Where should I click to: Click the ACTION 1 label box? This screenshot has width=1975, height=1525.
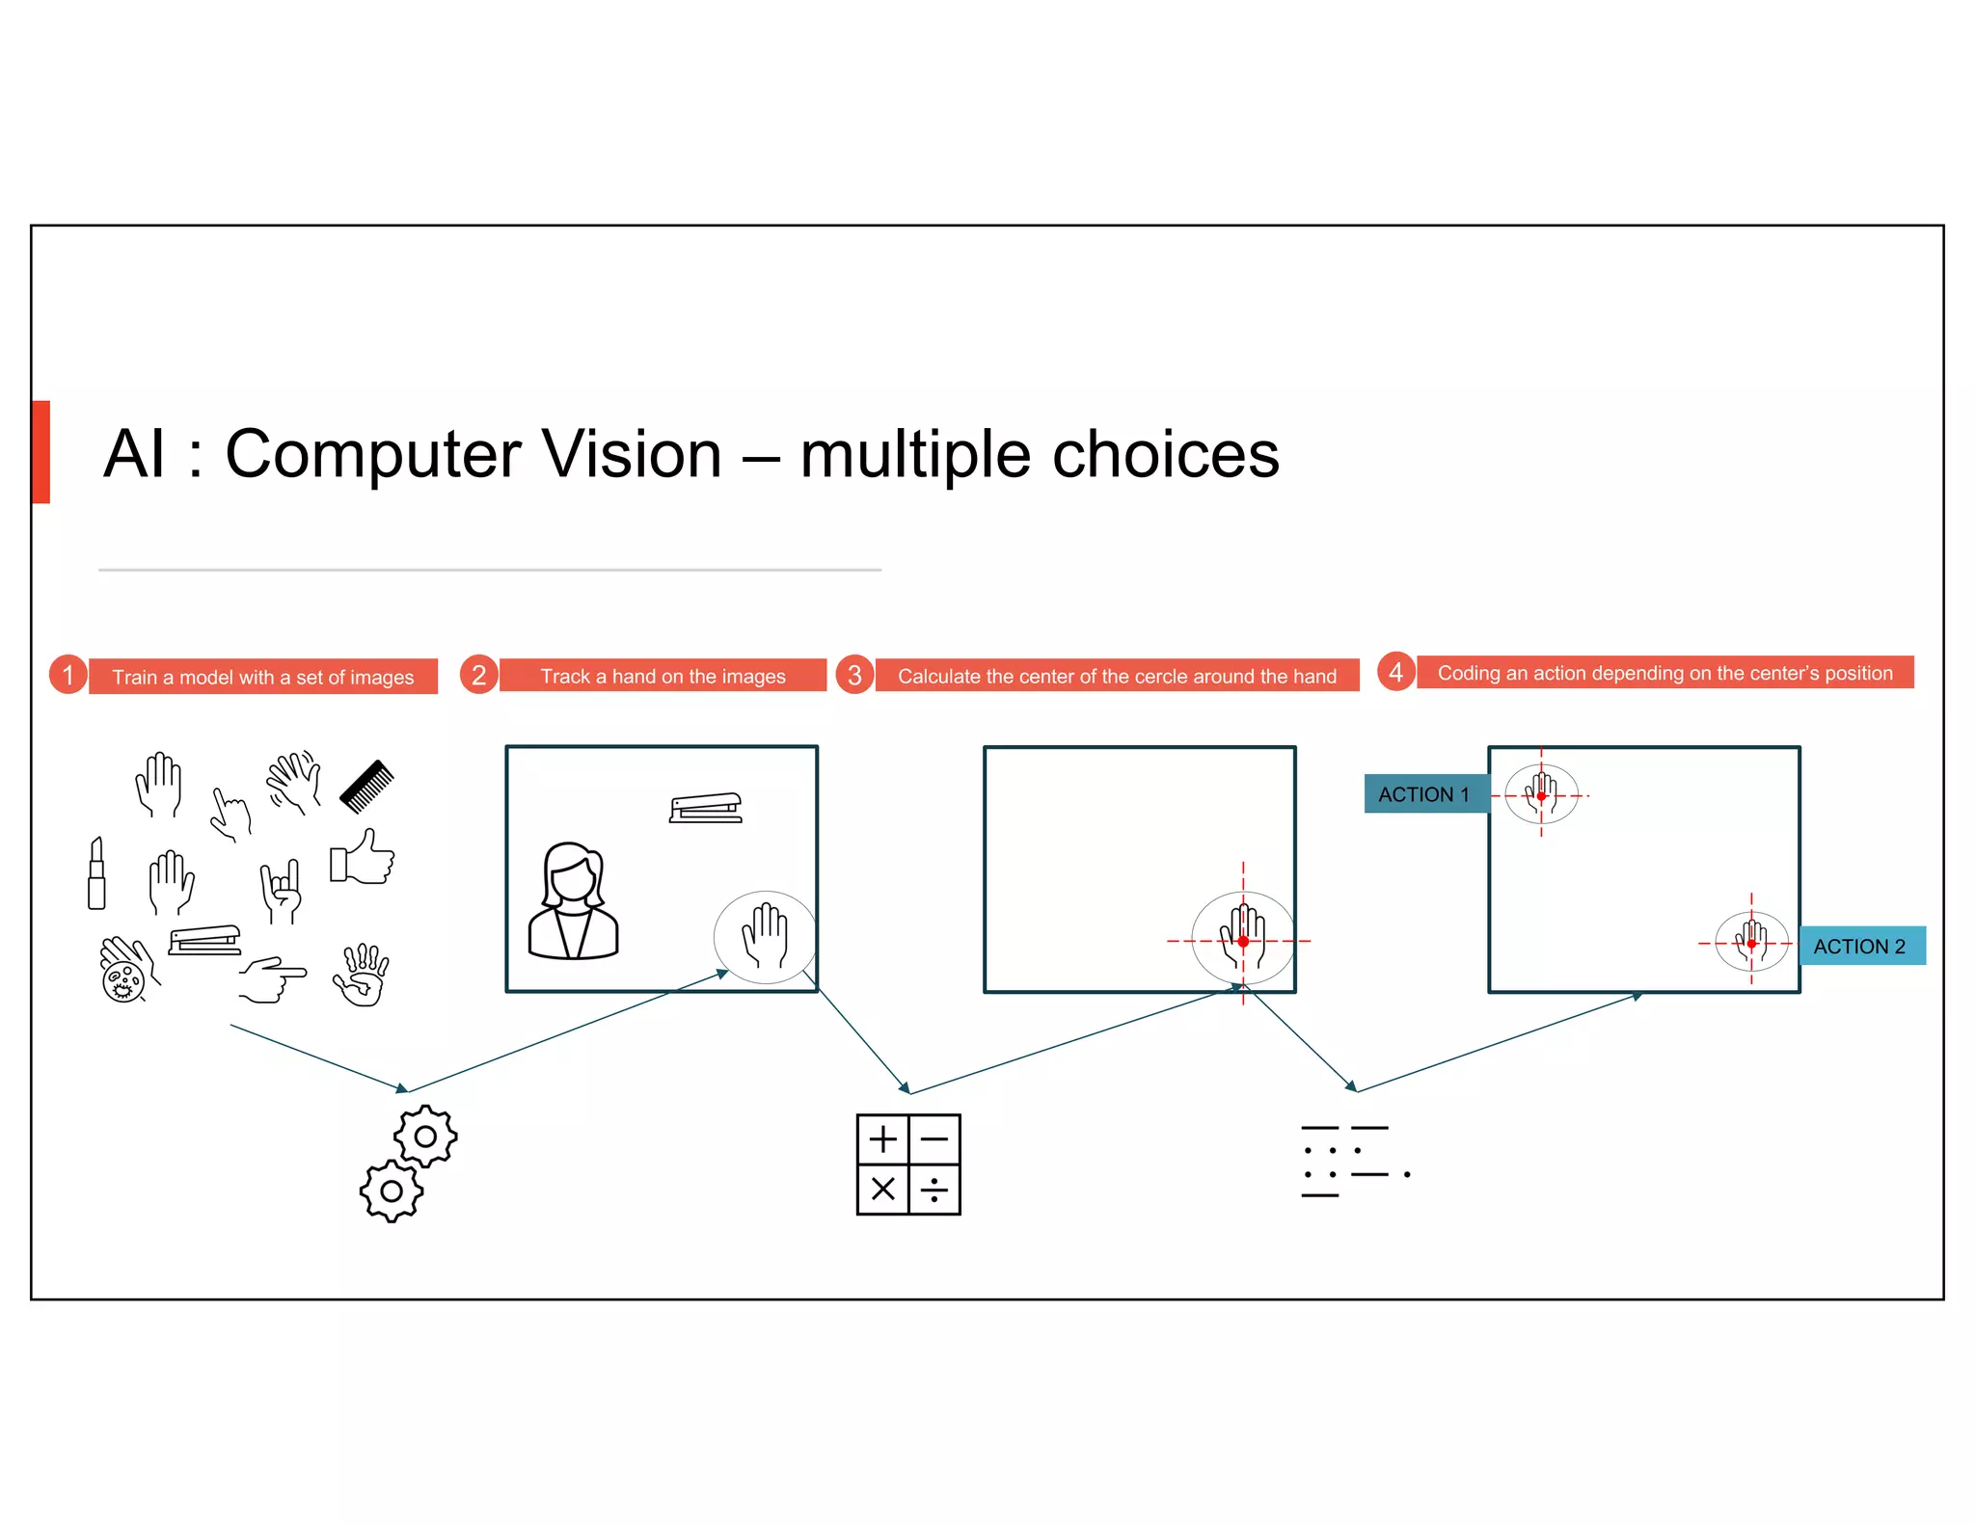click(x=1424, y=794)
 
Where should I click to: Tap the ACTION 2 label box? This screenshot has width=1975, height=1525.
click(x=1861, y=946)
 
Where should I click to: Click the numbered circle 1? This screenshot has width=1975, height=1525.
click(x=68, y=675)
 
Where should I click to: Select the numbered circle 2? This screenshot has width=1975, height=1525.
click(x=479, y=675)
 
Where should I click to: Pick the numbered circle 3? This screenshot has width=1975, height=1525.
click(x=854, y=675)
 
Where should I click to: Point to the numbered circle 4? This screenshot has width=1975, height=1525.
click(x=1395, y=672)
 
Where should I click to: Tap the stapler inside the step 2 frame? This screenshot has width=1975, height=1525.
click(x=706, y=808)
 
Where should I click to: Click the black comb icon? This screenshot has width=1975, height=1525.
click(x=366, y=786)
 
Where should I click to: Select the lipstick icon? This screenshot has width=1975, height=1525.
click(x=96, y=873)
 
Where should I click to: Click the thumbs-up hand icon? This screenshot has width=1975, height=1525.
click(x=363, y=857)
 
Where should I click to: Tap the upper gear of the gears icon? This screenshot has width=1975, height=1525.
click(x=425, y=1137)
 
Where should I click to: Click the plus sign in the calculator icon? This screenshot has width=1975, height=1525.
click(x=882, y=1139)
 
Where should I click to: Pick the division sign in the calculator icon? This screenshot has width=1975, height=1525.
click(x=933, y=1190)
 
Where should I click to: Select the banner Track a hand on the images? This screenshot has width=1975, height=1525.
click(x=663, y=676)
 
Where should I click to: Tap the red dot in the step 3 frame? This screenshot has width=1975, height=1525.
click(x=1243, y=941)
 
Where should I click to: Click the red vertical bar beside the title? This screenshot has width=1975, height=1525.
click(x=41, y=452)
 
